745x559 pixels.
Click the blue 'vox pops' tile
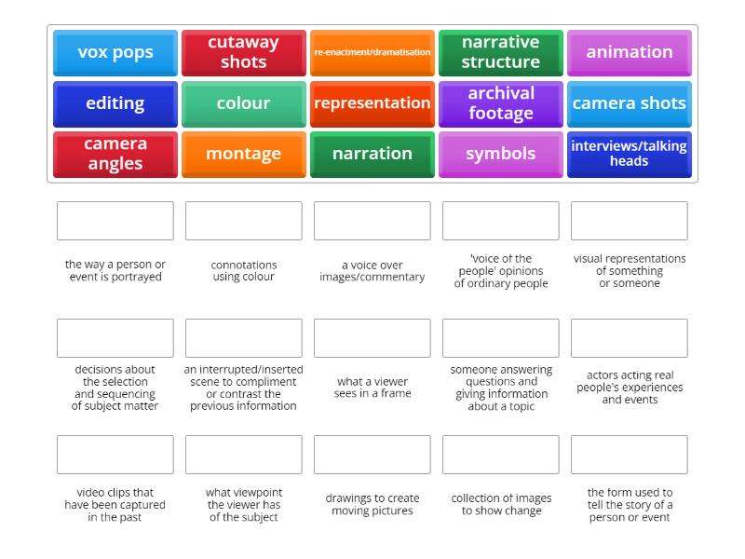point(115,53)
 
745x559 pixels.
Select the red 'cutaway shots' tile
point(244,53)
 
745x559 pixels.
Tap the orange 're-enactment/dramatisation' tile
point(372,53)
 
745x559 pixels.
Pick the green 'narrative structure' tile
point(501,53)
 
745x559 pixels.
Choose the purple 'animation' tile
point(630,53)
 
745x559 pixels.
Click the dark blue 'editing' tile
point(115,104)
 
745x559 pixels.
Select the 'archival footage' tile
point(501,104)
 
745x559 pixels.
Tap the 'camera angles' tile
point(115,155)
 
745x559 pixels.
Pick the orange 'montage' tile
point(244,155)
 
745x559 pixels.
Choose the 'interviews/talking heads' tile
point(630,155)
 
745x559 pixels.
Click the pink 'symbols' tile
point(501,155)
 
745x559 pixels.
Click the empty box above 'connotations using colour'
point(244,221)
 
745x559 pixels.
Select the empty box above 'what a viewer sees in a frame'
point(372,338)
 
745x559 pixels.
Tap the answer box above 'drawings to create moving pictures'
point(372,455)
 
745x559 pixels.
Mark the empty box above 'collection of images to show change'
point(501,455)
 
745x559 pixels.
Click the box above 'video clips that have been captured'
point(115,455)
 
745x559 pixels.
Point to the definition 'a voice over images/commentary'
point(372,271)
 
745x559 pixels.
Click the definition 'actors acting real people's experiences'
point(630,387)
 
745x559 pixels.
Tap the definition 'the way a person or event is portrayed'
point(115,270)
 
